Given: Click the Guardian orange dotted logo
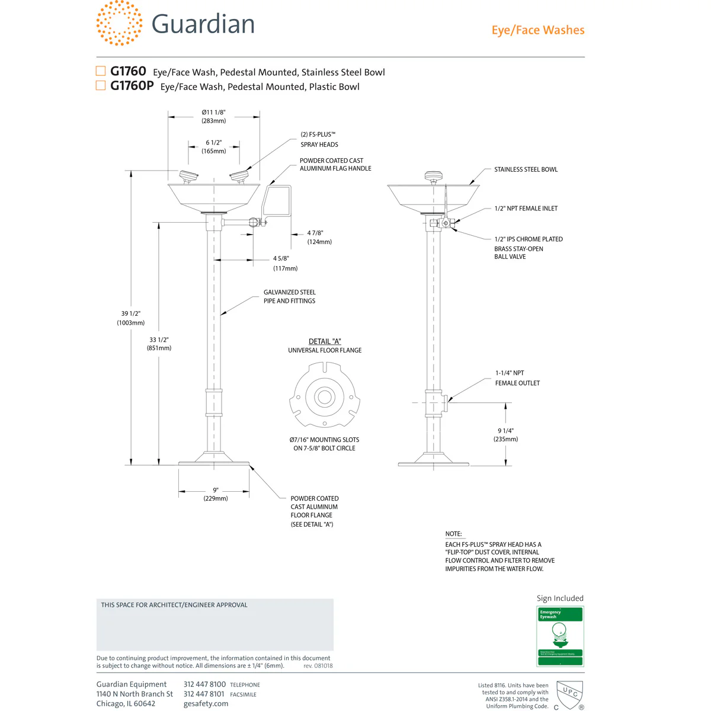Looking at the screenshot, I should click(119, 23).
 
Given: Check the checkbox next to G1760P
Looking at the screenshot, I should click(101, 85).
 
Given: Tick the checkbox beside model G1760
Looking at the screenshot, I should click(101, 71).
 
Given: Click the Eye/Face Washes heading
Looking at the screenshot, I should click(537, 30).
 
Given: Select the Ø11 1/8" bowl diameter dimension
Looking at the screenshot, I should click(213, 116).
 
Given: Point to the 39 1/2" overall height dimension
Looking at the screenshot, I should click(130, 318).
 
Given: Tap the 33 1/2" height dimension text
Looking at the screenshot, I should click(159, 344).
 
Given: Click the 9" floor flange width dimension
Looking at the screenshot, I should click(215, 494).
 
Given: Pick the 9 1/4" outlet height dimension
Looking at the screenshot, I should click(505, 435).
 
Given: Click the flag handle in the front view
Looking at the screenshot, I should click(277, 200).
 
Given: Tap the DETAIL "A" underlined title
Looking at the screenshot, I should click(325, 341).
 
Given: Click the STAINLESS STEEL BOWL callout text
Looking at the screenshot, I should click(526, 169).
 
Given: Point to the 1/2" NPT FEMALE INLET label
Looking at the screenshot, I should click(526, 209).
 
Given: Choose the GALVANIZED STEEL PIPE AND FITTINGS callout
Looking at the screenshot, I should click(289, 296).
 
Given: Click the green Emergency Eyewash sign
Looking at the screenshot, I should click(560, 636).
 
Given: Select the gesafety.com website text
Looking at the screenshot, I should click(206, 704).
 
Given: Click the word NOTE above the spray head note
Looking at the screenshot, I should click(453, 534).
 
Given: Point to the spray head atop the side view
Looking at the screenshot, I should click(433, 176).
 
